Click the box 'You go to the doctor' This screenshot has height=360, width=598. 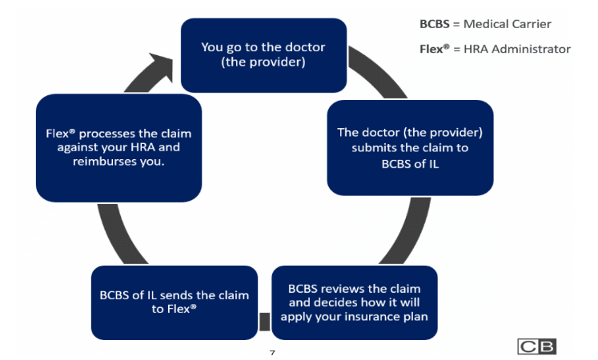263,54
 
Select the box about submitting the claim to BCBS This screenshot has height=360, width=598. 409,147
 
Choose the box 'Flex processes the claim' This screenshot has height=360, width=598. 118,148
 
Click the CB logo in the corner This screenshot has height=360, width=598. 537,346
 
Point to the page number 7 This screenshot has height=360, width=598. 272,353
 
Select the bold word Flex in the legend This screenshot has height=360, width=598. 433,49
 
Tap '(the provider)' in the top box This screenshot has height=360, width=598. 263,62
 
